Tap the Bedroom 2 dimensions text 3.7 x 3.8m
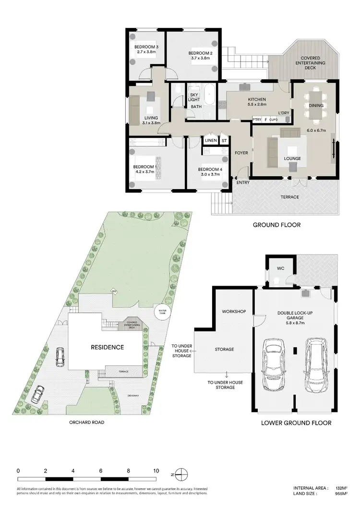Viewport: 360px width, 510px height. [x=200, y=58]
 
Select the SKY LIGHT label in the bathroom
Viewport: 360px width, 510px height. [x=193, y=97]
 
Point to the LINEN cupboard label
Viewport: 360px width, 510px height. [x=211, y=140]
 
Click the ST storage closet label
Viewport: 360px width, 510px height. [x=224, y=140]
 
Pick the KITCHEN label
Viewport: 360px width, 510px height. [x=257, y=99]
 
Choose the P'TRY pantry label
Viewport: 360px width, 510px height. [x=257, y=119]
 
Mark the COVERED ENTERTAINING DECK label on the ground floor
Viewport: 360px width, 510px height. [x=310, y=63]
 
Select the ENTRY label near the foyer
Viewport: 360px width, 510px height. [x=243, y=182]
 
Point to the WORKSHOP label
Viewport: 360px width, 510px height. [x=234, y=312]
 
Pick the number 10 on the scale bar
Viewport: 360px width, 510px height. [x=156, y=471]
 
